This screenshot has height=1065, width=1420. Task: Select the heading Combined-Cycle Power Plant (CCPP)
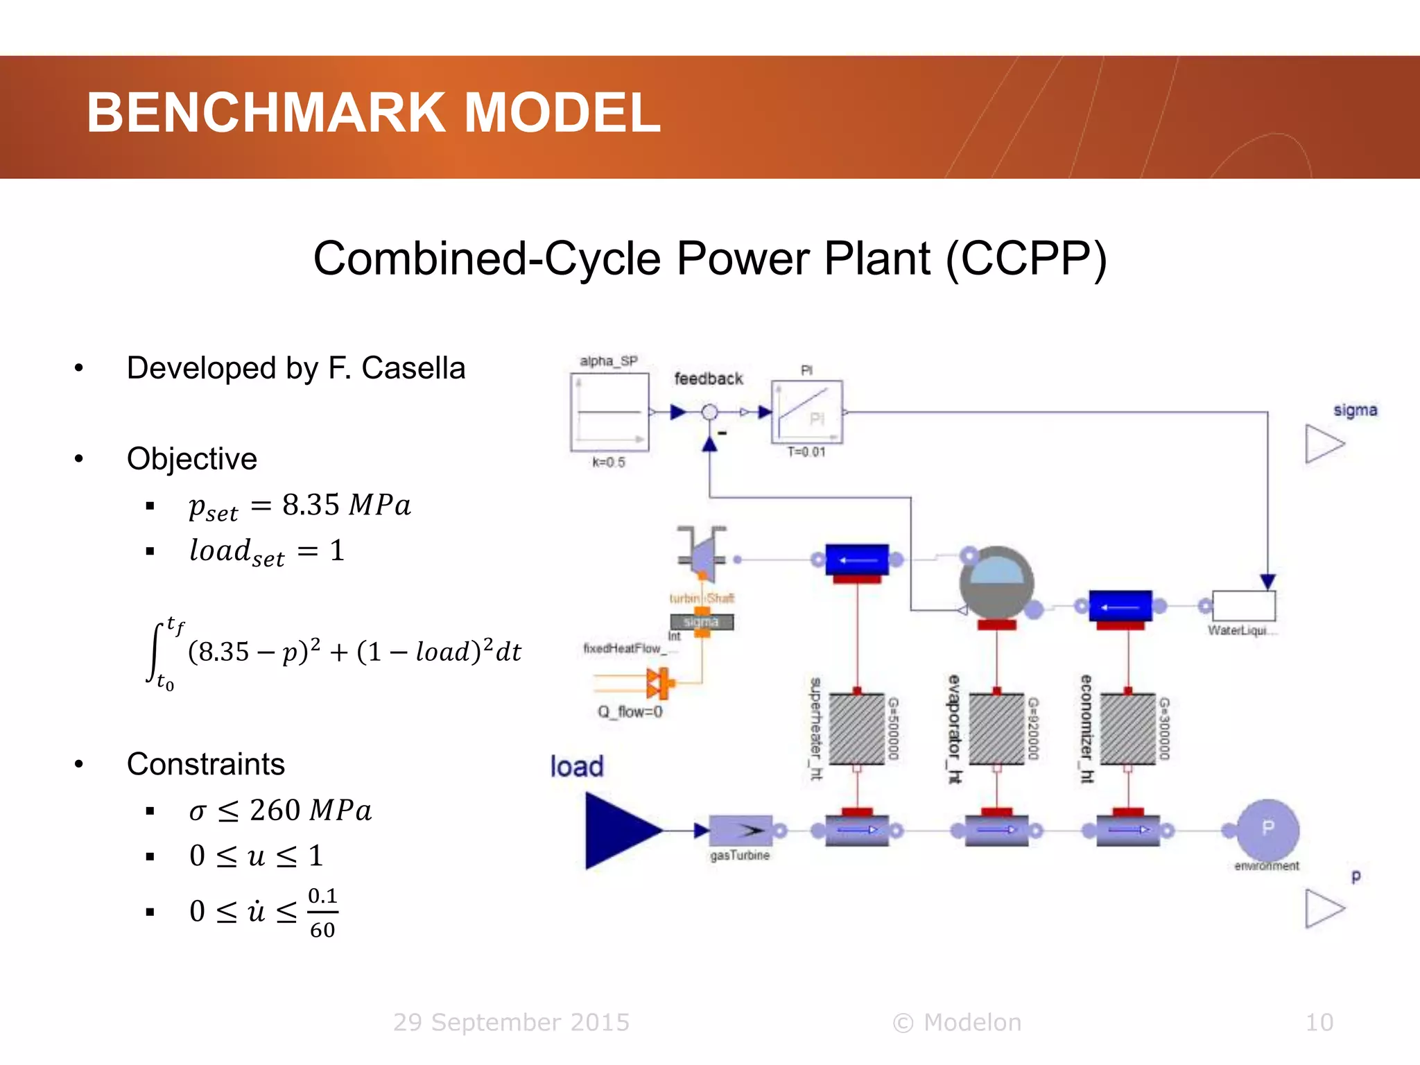click(709, 259)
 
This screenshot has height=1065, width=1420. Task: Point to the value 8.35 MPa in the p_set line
click(346, 505)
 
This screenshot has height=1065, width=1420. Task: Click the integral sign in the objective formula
click(157, 652)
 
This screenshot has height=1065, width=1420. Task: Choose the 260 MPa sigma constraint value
click(310, 811)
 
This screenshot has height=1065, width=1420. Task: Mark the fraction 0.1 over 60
click(322, 912)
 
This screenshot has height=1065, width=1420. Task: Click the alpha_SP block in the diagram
click(609, 412)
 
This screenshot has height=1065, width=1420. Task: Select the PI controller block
click(806, 412)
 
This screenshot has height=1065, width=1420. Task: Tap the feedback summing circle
click(709, 413)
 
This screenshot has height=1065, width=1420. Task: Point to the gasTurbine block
click(740, 830)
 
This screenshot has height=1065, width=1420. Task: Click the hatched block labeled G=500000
click(857, 729)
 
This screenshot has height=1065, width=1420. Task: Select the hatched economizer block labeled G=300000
click(1127, 729)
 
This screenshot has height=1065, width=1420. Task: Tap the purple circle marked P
click(1267, 829)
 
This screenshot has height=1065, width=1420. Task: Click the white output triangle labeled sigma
click(1323, 444)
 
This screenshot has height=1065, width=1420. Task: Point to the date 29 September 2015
click(511, 1023)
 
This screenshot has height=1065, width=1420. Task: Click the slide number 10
click(1319, 1023)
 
